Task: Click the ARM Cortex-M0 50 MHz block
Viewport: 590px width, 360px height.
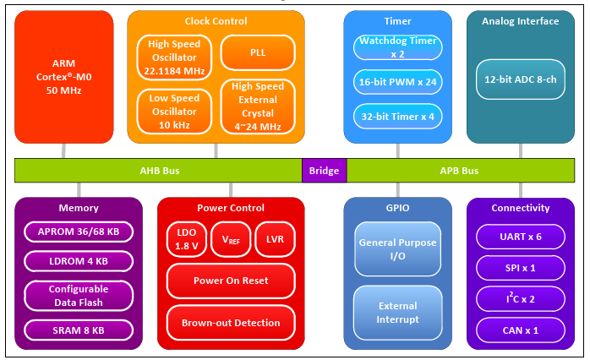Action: point(64,76)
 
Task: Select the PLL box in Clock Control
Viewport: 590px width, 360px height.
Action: point(258,52)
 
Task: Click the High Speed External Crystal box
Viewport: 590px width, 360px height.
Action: point(258,105)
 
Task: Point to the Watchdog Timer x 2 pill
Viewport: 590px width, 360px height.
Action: point(397,46)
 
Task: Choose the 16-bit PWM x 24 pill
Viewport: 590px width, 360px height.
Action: point(397,82)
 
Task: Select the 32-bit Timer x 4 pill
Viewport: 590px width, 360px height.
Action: point(397,116)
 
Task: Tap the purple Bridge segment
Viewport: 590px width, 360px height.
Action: point(324,171)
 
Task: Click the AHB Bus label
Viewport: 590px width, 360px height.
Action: point(159,171)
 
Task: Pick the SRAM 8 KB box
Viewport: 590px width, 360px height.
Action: point(78,330)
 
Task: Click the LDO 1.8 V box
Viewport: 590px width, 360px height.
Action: point(186,239)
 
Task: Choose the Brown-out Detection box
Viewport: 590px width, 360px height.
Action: point(230,322)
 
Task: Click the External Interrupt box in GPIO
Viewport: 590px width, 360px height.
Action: point(397,313)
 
